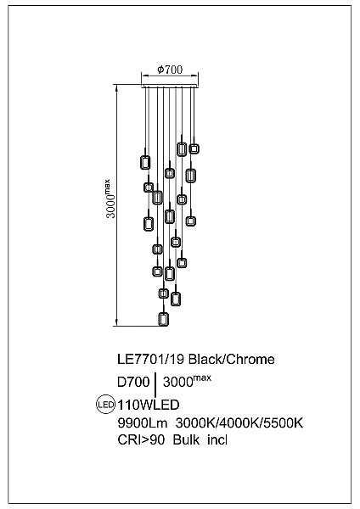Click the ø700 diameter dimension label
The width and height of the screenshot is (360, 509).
171,70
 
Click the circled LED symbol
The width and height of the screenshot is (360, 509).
106,405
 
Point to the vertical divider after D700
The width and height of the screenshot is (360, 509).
156,383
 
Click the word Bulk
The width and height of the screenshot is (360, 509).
187,440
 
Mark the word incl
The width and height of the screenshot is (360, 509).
217,440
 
